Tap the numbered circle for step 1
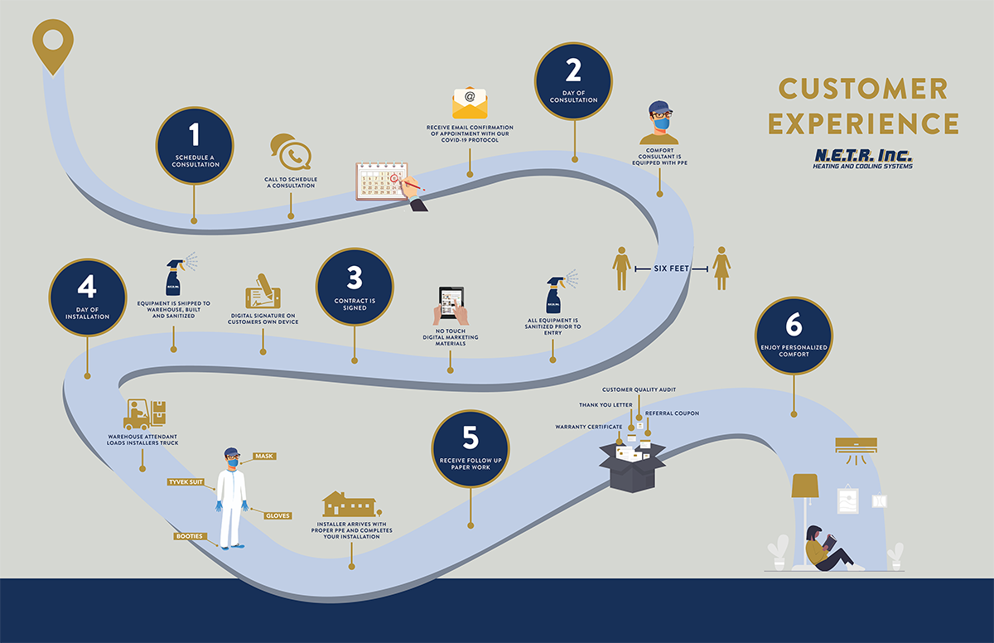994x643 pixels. pos(195,146)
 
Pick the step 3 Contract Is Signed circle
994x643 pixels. pos(355,288)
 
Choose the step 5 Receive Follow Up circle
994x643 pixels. pos(471,448)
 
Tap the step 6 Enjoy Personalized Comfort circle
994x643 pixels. pos(794,334)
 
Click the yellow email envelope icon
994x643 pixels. pos(470,104)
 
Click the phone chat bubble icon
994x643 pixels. pos(290,153)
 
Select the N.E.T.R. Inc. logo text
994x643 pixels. pos(862,157)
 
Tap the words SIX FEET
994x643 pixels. pos(672,268)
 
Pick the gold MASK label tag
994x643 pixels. pos(264,457)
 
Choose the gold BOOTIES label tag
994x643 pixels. pos(189,536)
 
